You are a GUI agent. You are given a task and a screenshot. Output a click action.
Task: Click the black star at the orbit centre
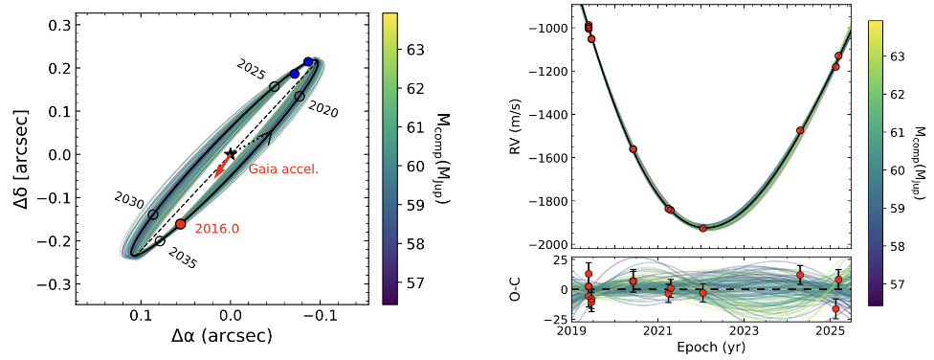230,153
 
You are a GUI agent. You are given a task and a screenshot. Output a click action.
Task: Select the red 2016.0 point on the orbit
181,223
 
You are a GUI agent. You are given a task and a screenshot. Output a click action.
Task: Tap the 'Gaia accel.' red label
283,169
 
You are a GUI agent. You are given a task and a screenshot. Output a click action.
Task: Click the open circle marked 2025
275,87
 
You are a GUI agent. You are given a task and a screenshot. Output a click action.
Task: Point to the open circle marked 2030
153,214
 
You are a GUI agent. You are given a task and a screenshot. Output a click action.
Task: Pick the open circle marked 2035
160,241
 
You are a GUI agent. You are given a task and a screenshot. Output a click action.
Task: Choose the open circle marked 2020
300,97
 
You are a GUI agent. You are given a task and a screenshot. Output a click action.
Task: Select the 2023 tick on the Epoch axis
744,331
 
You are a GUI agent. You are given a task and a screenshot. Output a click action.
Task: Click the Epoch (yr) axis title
701,346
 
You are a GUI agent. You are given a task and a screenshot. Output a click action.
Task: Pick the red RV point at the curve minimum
702,228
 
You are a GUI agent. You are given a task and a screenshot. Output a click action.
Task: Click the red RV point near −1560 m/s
633,149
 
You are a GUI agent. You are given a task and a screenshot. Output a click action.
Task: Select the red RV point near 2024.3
800,130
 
